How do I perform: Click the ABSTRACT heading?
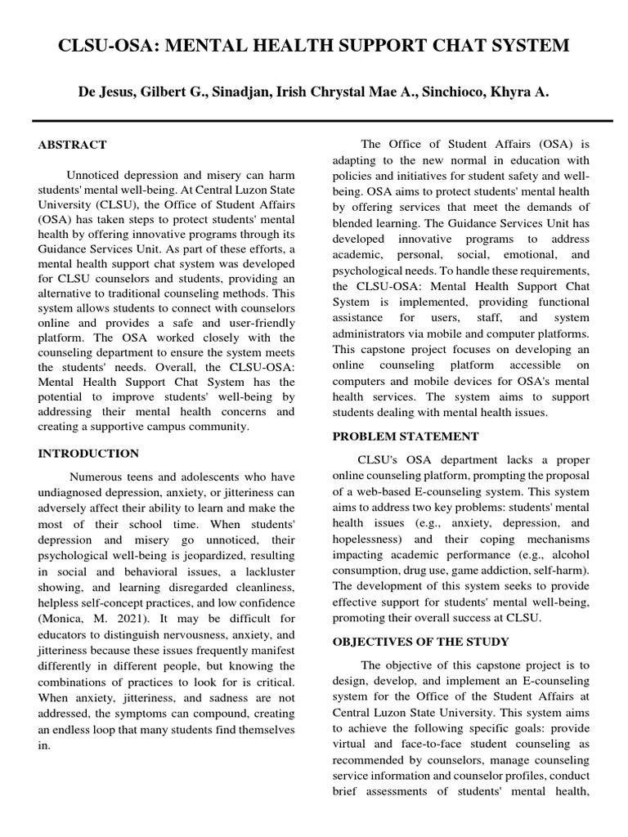click(72, 145)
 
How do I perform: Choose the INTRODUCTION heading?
click(88, 454)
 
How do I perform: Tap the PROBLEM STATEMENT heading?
click(406, 436)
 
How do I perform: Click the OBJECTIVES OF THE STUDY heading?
click(420, 642)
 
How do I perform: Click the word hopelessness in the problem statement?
click(367, 540)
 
